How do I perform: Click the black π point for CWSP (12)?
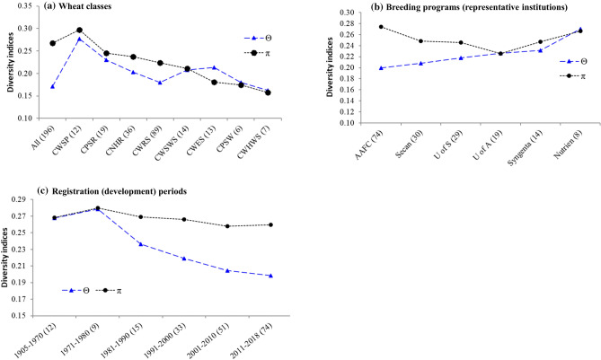click(80, 30)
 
